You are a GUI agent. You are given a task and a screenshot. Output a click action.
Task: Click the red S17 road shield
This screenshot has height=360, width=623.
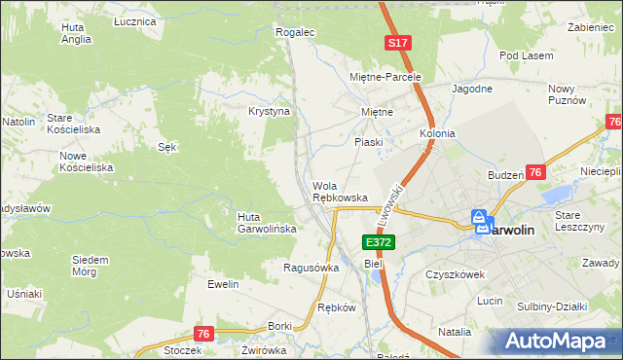[396, 44]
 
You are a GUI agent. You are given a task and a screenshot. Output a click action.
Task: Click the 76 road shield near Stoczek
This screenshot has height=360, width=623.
[202, 334]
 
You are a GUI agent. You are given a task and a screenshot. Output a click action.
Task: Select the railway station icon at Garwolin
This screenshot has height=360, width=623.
[482, 223]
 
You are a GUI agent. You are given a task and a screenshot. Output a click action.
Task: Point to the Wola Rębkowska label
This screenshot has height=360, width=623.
[340, 192]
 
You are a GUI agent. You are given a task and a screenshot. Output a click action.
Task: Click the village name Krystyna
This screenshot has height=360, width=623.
[270, 112]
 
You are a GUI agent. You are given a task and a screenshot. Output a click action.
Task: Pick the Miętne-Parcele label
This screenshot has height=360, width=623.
[385, 76]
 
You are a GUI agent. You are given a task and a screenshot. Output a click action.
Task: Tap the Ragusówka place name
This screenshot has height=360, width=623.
[311, 268]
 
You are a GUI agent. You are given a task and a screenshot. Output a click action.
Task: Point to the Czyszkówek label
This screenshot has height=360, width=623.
[455, 274]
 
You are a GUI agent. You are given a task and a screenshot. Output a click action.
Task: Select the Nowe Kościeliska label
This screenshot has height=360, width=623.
[87, 162]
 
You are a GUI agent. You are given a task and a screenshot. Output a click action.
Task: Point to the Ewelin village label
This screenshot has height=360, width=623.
[223, 284]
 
